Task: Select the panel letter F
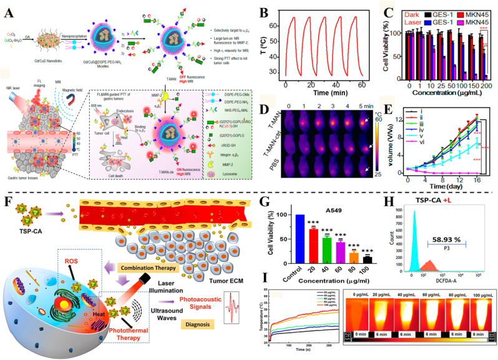(x=7, y=202)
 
